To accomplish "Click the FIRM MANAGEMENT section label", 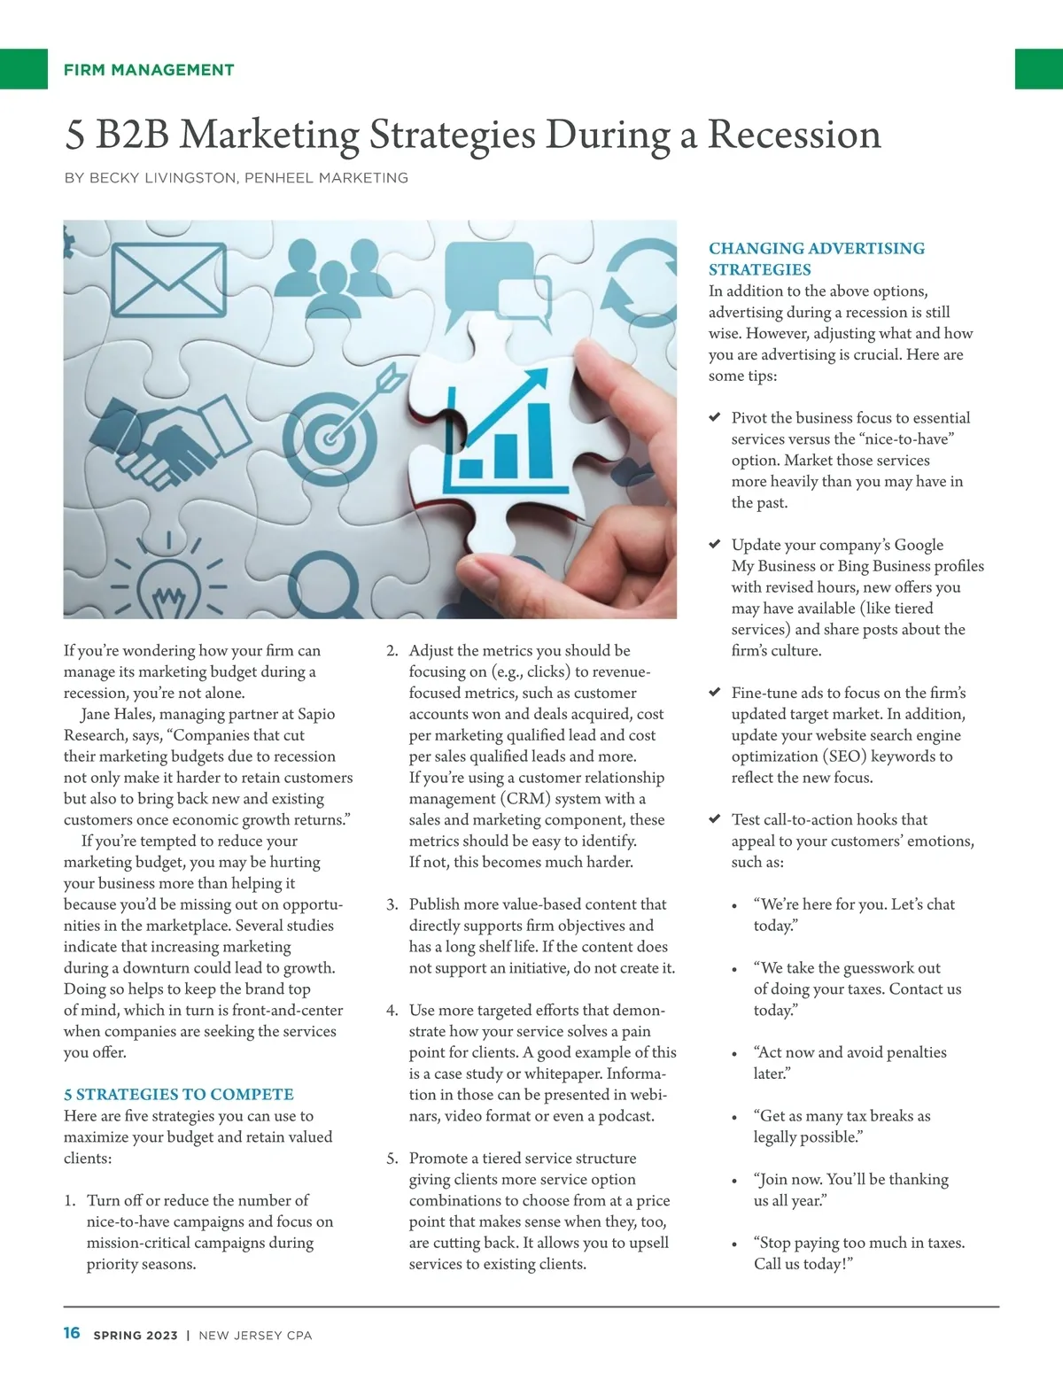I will pos(149,70).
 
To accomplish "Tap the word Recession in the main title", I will pos(794,135).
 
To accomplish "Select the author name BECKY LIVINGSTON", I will pos(160,178).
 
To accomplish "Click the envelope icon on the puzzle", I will pos(169,280).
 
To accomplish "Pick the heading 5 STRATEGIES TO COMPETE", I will pos(179,1095).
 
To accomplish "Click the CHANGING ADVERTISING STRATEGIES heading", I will pos(816,259).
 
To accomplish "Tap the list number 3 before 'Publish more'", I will pos(392,904).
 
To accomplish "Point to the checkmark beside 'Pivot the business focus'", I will pos(715,417).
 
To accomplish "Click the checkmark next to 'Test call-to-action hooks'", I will pos(715,819).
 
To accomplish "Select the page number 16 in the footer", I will pos(72,1333).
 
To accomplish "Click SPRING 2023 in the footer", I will pos(136,1335).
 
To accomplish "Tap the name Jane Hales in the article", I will pos(120,714).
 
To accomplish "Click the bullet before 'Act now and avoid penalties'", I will pos(734,1054).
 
